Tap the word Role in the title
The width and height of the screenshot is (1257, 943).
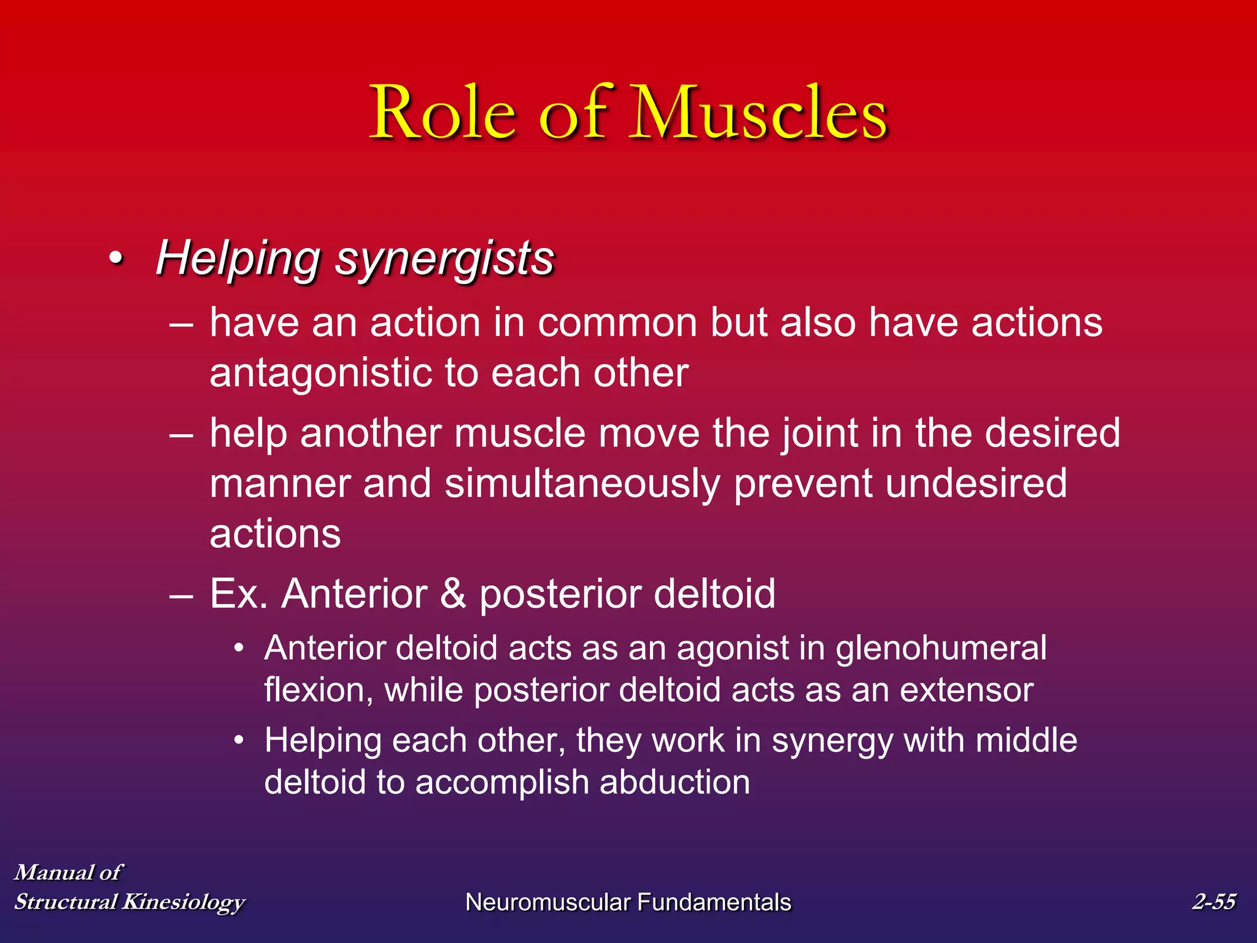point(443,114)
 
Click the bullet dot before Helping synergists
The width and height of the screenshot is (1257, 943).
point(116,259)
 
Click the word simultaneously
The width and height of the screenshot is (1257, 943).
point(582,484)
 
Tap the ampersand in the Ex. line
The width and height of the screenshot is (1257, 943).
point(453,594)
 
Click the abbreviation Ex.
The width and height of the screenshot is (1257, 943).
point(239,594)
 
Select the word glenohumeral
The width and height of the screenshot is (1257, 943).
point(941,648)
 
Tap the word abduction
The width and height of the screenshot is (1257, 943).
point(675,783)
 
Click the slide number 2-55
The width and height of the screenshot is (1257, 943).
point(1213,901)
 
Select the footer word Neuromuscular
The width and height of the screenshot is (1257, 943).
point(547,902)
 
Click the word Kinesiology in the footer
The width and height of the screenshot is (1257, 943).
point(183,902)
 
